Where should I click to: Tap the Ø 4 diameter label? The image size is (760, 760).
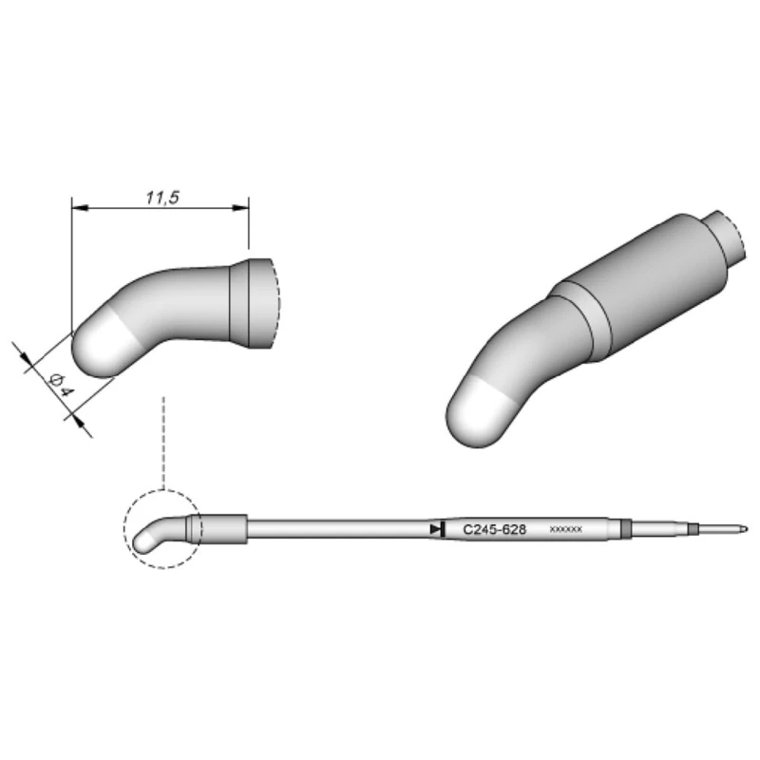pyautogui.click(x=58, y=384)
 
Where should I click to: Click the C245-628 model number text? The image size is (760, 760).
pyautogui.click(x=493, y=528)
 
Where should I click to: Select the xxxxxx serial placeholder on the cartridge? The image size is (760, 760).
pyautogui.click(x=566, y=529)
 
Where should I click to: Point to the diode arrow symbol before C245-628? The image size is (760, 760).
pyautogui.click(x=436, y=527)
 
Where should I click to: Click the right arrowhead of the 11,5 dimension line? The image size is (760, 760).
pyautogui.click(x=241, y=207)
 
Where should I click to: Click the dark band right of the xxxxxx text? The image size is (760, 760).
pyautogui.click(x=623, y=528)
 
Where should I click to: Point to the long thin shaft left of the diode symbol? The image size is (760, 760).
pyautogui.click(x=332, y=527)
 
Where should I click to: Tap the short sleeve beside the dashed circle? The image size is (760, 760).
pyautogui.click(x=224, y=527)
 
